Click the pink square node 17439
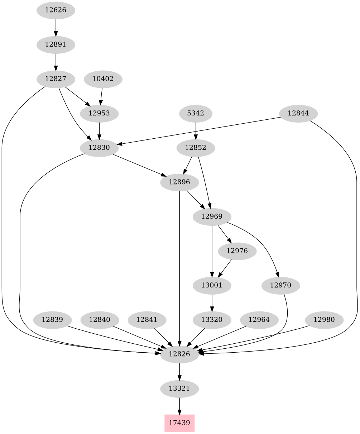click(x=179, y=423)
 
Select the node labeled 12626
click(x=56, y=10)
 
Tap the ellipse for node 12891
click(x=56, y=45)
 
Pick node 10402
click(x=103, y=79)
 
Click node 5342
click(x=196, y=113)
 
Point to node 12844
click(x=298, y=114)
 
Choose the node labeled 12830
click(x=99, y=148)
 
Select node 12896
click(x=179, y=182)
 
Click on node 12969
click(x=212, y=216)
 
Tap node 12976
click(x=237, y=251)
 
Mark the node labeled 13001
click(x=212, y=286)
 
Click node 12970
click(x=280, y=286)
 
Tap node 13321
click(x=179, y=388)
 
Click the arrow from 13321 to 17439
click(x=179, y=406)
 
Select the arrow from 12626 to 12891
click(x=56, y=27)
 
